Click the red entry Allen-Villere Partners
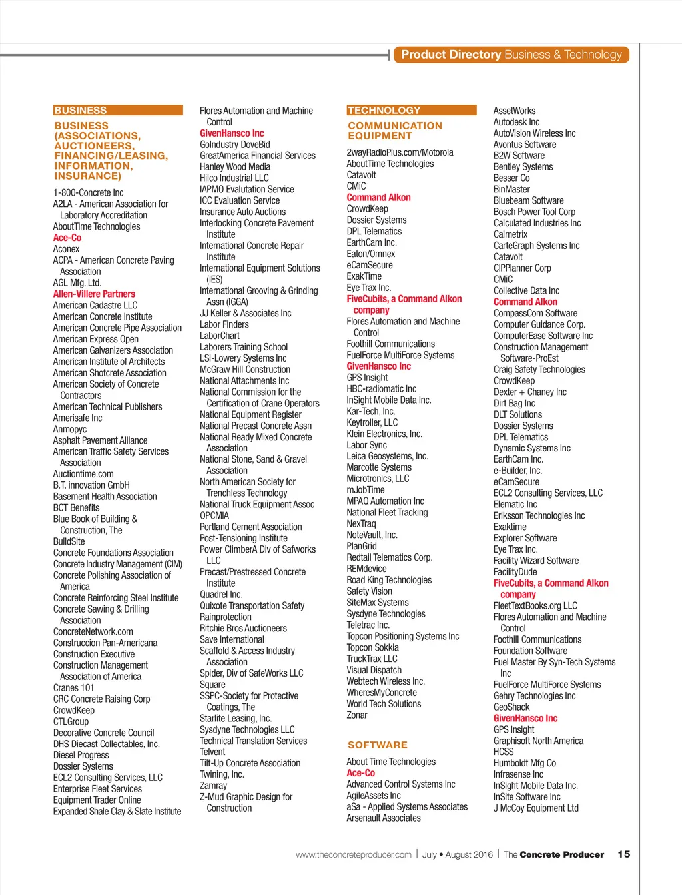[x=94, y=294]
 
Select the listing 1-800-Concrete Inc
[x=88, y=192]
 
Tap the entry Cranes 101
[x=73, y=687]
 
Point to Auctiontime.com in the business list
[x=83, y=474]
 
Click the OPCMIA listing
[x=214, y=515]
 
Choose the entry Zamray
[x=213, y=786]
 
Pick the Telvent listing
[x=212, y=752]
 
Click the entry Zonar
[x=357, y=715]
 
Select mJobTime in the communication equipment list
[x=366, y=490]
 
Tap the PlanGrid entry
[x=362, y=546]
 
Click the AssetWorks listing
[x=514, y=111]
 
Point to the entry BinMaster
[x=511, y=189]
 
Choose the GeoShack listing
[x=511, y=707]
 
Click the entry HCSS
[x=504, y=752]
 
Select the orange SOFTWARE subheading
[x=377, y=745]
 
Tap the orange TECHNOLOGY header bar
[x=411, y=110]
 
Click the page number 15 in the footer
[x=623, y=854]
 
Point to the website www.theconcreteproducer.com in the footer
[x=354, y=854]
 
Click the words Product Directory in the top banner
[x=451, y=55]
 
